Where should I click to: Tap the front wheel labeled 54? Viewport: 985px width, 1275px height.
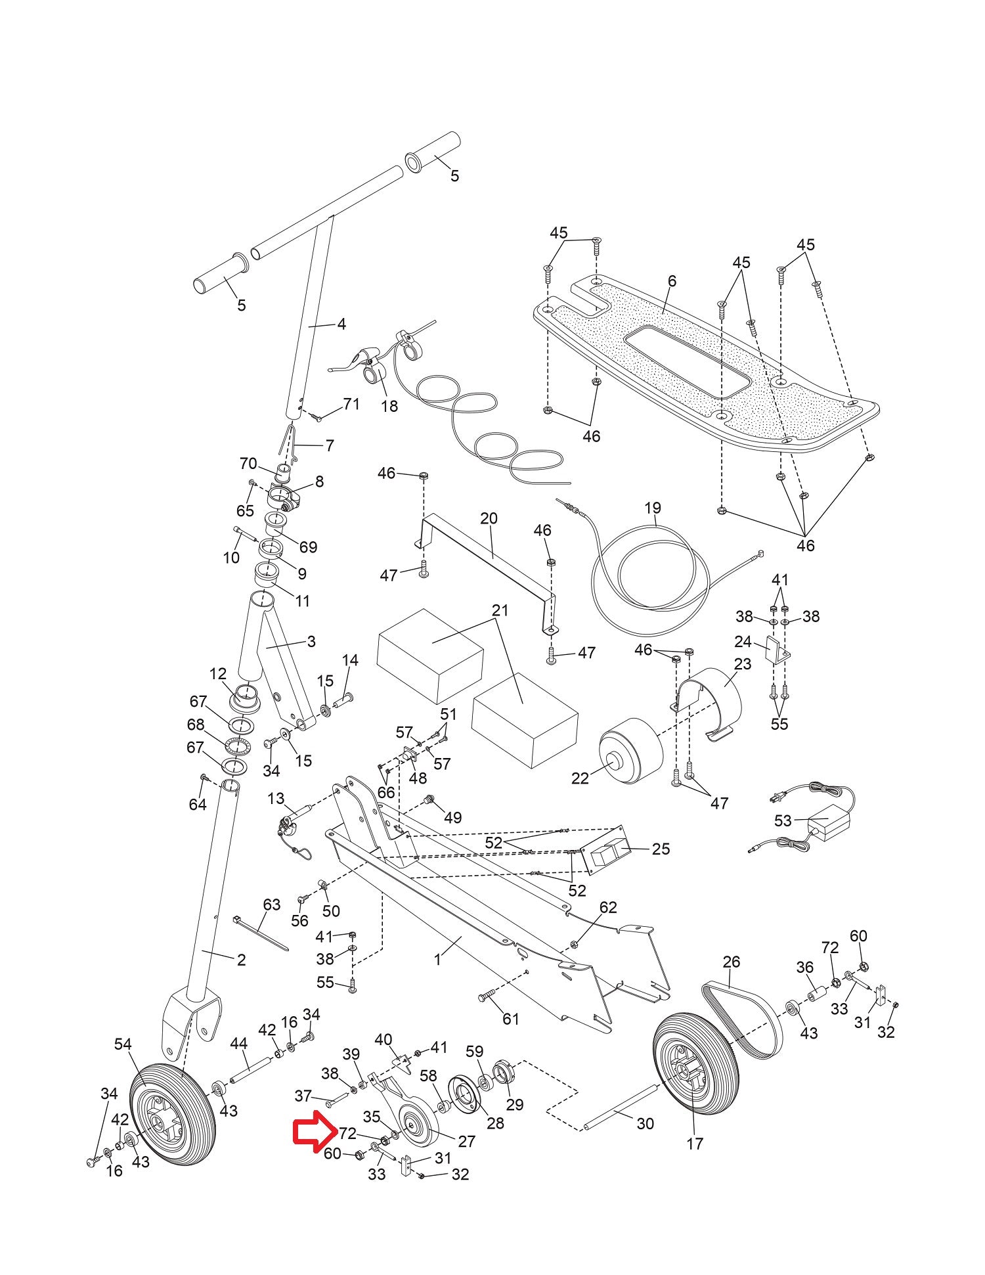[x=173, y=1130]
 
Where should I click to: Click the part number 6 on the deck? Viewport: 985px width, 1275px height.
[x=672, y=281]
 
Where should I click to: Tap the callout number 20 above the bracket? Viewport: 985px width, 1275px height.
[x=489, y=518]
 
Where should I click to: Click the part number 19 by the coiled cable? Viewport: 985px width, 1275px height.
[x=653, y=508]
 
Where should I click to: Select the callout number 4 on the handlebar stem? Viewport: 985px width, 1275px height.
[x=341, y=324]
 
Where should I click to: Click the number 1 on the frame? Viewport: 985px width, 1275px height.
[x=438, y=959]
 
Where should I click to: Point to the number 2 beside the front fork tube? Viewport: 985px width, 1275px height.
[x=242, y=960]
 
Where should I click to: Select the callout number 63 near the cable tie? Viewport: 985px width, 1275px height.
[x=272, y=905]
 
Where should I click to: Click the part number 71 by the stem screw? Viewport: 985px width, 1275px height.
[x=352, y=404]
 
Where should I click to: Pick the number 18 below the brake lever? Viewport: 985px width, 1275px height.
[x=389, y=406]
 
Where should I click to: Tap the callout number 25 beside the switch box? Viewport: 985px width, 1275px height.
[x=661, y=849]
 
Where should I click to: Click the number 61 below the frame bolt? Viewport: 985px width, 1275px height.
[x=511, y=1019]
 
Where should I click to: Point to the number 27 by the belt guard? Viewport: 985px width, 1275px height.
[x=466, y=1141]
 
